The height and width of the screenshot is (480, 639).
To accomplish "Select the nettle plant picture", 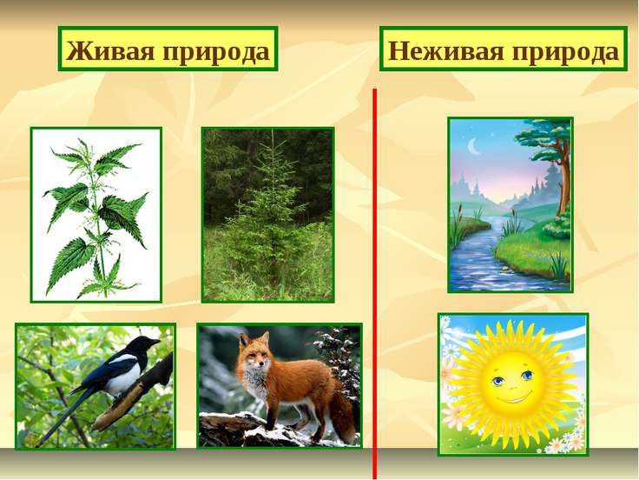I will coord(96,214).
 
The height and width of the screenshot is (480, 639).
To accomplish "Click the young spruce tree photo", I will coord(267,214).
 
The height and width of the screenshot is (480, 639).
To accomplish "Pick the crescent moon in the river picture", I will coord(474,149).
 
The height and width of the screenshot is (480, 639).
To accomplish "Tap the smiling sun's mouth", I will coord(513,399).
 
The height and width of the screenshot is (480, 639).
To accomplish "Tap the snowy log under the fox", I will coord(243,430).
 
